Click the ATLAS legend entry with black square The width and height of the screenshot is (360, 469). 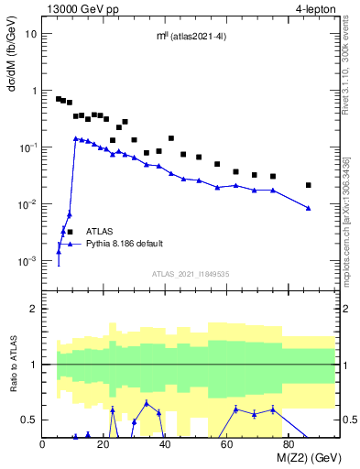(x=99, y=232)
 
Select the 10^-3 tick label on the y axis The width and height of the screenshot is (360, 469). (x=27, y=261)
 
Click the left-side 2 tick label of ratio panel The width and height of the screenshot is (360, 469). (x=34, y=309)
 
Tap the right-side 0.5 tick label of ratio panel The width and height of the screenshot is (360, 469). (x=350, y=420)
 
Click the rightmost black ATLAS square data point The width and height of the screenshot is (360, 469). (x=309, y=185)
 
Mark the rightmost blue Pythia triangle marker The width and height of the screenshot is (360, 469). (x=309, y=208)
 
